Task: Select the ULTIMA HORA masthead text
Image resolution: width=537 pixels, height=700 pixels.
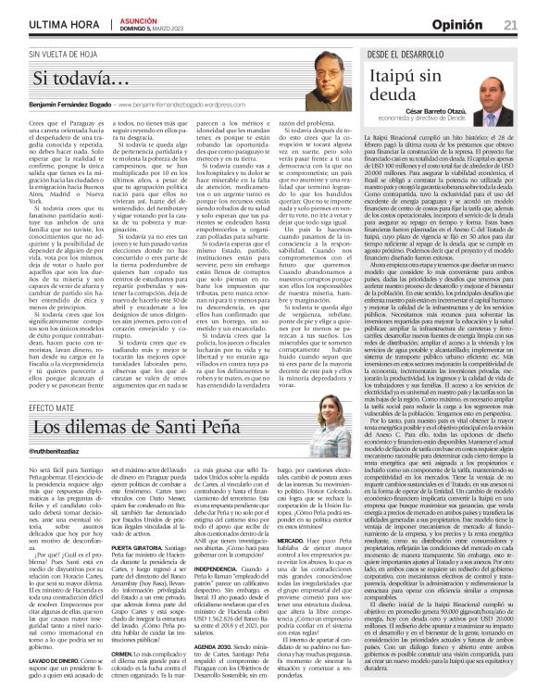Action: click(x=54, y=23)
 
